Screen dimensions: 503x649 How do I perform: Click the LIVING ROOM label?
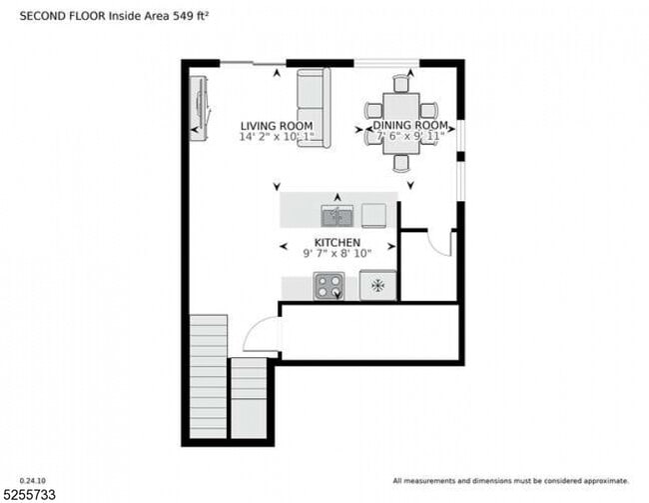270,126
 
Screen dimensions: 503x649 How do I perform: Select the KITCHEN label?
337,243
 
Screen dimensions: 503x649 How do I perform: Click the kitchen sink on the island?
336,215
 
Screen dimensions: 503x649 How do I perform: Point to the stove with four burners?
328,285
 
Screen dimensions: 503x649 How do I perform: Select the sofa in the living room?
314,107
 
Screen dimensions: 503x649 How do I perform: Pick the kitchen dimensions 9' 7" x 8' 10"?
337,255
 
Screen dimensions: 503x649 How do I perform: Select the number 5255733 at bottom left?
30,494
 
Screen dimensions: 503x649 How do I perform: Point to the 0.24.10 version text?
33,480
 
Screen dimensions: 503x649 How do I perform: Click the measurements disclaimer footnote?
511,481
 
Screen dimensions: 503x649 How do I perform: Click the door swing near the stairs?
262,336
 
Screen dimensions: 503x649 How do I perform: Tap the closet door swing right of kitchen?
440,243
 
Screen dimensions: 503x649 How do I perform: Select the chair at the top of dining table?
401,82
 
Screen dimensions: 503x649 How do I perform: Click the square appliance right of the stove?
377,285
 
